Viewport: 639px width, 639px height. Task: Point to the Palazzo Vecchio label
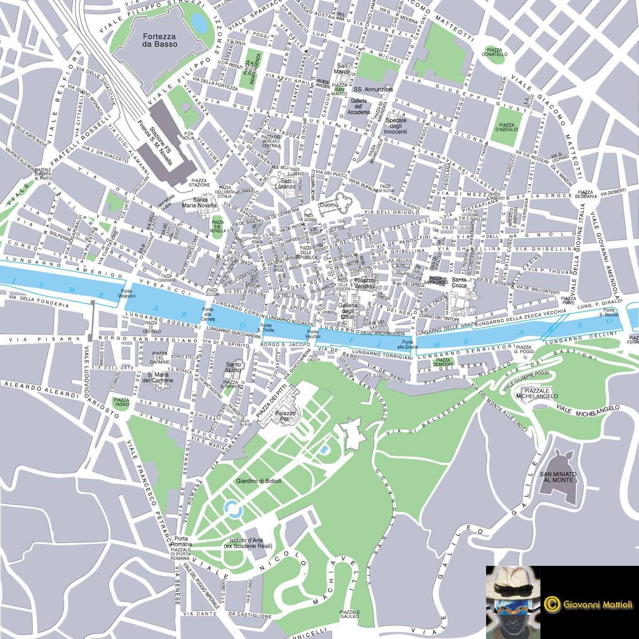point(364,283)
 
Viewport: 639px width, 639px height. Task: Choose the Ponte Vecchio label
point(313,334)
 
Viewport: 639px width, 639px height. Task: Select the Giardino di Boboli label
point(258,481)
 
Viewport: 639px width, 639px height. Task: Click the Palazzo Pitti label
point(286,416)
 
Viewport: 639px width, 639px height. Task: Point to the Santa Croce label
point(459,282)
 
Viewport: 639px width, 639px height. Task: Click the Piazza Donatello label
point(495,51)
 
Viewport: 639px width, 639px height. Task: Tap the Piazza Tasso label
point(121,402)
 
